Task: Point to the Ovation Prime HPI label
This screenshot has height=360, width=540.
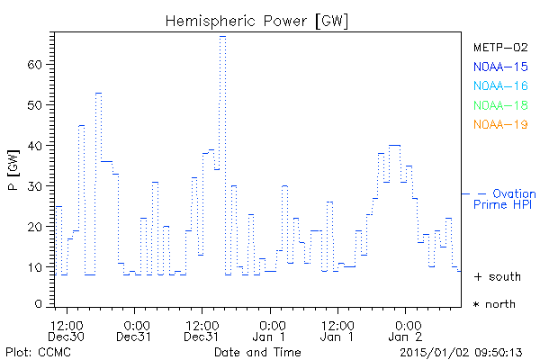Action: tap(503, 200)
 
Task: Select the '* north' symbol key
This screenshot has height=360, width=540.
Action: tap(494, 304)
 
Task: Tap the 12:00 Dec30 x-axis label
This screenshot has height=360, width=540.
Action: tap(67, 330)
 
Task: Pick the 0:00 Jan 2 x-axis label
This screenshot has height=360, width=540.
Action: tap(408, 330)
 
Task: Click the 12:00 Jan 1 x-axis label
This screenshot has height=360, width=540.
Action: tap(338, 330)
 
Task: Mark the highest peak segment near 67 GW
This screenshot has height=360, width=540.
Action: tap(222, 37)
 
